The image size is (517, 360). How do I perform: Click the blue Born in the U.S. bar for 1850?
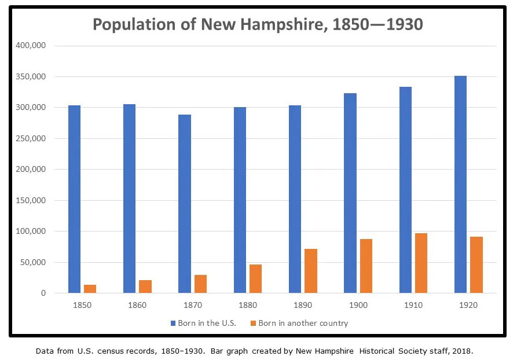pos(74,199)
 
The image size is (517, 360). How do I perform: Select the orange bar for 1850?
pos(90,289)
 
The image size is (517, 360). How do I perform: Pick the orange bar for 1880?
pos(255,279)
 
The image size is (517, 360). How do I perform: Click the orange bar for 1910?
pos(421,263)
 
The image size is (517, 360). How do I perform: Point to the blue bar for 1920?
pos(460,185)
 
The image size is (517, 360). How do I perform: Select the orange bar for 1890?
pos(311,271)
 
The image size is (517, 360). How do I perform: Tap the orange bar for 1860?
pos(145,286)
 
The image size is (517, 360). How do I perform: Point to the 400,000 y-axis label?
pos(32,46)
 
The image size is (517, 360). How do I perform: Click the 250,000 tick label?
pos(32,139)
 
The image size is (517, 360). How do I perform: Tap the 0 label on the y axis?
pos(43,293)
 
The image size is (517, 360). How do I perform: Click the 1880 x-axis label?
pos(248,305)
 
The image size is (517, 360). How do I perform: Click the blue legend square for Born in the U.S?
pos(173,323)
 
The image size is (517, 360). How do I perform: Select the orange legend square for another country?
pos(253,323)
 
